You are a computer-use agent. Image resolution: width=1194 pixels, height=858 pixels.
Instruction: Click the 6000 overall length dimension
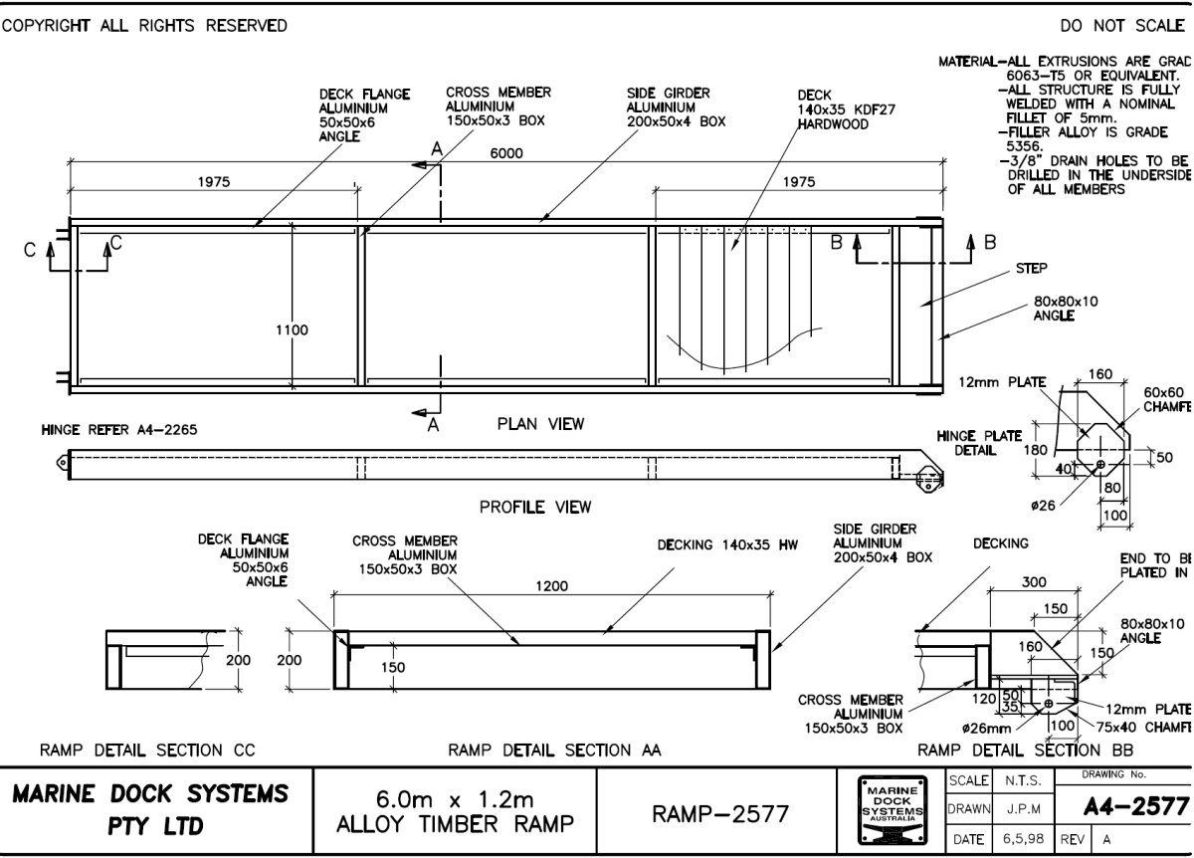(506, 153)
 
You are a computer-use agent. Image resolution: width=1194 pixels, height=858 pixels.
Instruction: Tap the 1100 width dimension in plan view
(292, 329)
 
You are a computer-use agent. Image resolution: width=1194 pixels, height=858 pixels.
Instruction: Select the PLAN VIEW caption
(540, 424)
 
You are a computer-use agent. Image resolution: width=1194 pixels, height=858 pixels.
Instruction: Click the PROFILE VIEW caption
(535, 507)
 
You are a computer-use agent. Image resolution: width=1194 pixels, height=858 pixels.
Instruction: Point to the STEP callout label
(1031, 269)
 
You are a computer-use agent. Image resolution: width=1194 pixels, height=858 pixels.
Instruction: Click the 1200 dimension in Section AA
(551, 586)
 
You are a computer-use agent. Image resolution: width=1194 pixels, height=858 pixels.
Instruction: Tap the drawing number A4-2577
(1135, 804)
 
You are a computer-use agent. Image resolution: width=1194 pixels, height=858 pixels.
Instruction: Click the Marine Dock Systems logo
(892, 810)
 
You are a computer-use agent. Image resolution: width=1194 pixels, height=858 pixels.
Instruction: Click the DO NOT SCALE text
(1121, 25)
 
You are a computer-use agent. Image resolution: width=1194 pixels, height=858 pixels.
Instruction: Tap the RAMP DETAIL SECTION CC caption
(147, 749)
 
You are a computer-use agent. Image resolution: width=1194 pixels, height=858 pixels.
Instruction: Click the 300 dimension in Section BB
(1035, 582)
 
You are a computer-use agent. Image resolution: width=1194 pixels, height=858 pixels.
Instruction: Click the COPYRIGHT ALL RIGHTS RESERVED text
(144, 25)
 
